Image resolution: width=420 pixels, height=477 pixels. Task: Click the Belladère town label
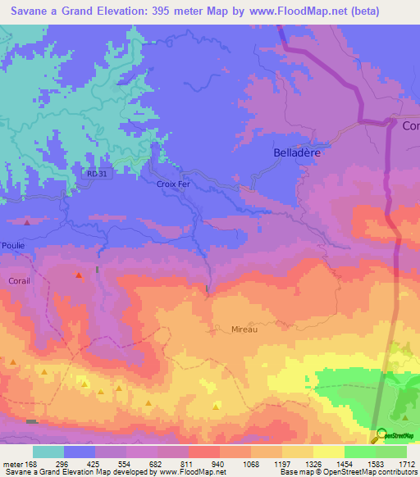click(x=295, y=152)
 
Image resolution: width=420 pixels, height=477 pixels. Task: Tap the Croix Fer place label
click(x=172, y=184)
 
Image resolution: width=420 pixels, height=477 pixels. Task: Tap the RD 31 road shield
click(x=97, y=172)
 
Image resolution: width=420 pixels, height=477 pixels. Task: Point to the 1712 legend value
click(x=407, y=464)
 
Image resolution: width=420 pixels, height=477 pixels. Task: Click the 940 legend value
click(x=217, y=464)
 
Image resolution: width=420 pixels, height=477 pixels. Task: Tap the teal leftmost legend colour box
click(x=48, y=452)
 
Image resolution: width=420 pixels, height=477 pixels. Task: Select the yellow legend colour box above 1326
click(x=297, y=452)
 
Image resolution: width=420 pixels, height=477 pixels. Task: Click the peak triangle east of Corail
click(x=79, y=275)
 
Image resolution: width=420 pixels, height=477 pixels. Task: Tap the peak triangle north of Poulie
click(x=28, y=222)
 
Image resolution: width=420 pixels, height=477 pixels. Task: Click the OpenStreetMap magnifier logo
click(x=379, y=435)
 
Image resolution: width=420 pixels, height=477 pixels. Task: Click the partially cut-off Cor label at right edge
click(x=410, y=125)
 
